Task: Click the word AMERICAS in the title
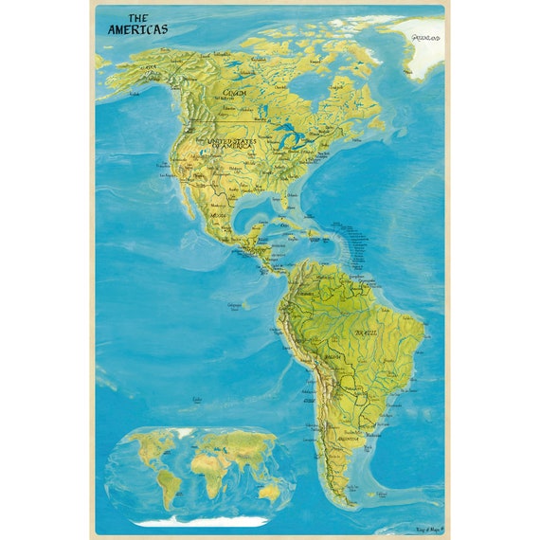tap(137, 29)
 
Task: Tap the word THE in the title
tap(138, 17)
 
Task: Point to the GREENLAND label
tap(425, 38)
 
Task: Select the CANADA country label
tap(236, 93)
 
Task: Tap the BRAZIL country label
tap(366, 333)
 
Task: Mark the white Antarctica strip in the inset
tap(199, 521)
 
